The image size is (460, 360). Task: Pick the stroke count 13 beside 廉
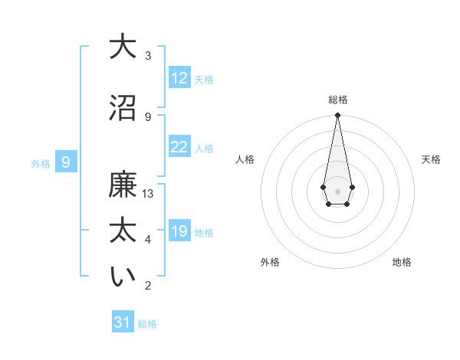[148, 194]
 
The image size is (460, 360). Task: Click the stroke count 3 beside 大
[148, 56]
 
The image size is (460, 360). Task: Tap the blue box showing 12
[179, 78]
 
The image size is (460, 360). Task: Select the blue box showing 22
[179, 147]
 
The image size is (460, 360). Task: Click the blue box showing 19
[179, 231]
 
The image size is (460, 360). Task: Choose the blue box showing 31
[123, 322]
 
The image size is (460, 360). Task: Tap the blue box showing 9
[66, 162]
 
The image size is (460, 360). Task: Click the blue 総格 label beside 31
[147, 324]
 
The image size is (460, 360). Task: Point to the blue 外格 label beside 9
[41, 163]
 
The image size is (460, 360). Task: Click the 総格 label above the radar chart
[338, 100]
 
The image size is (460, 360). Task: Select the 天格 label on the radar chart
[431, 159]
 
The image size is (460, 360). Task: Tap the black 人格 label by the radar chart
[245, 159]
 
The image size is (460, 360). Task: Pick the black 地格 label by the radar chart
[402, 262]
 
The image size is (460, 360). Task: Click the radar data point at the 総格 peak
[337, 116]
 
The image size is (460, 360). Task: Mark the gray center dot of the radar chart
[337, 190]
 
